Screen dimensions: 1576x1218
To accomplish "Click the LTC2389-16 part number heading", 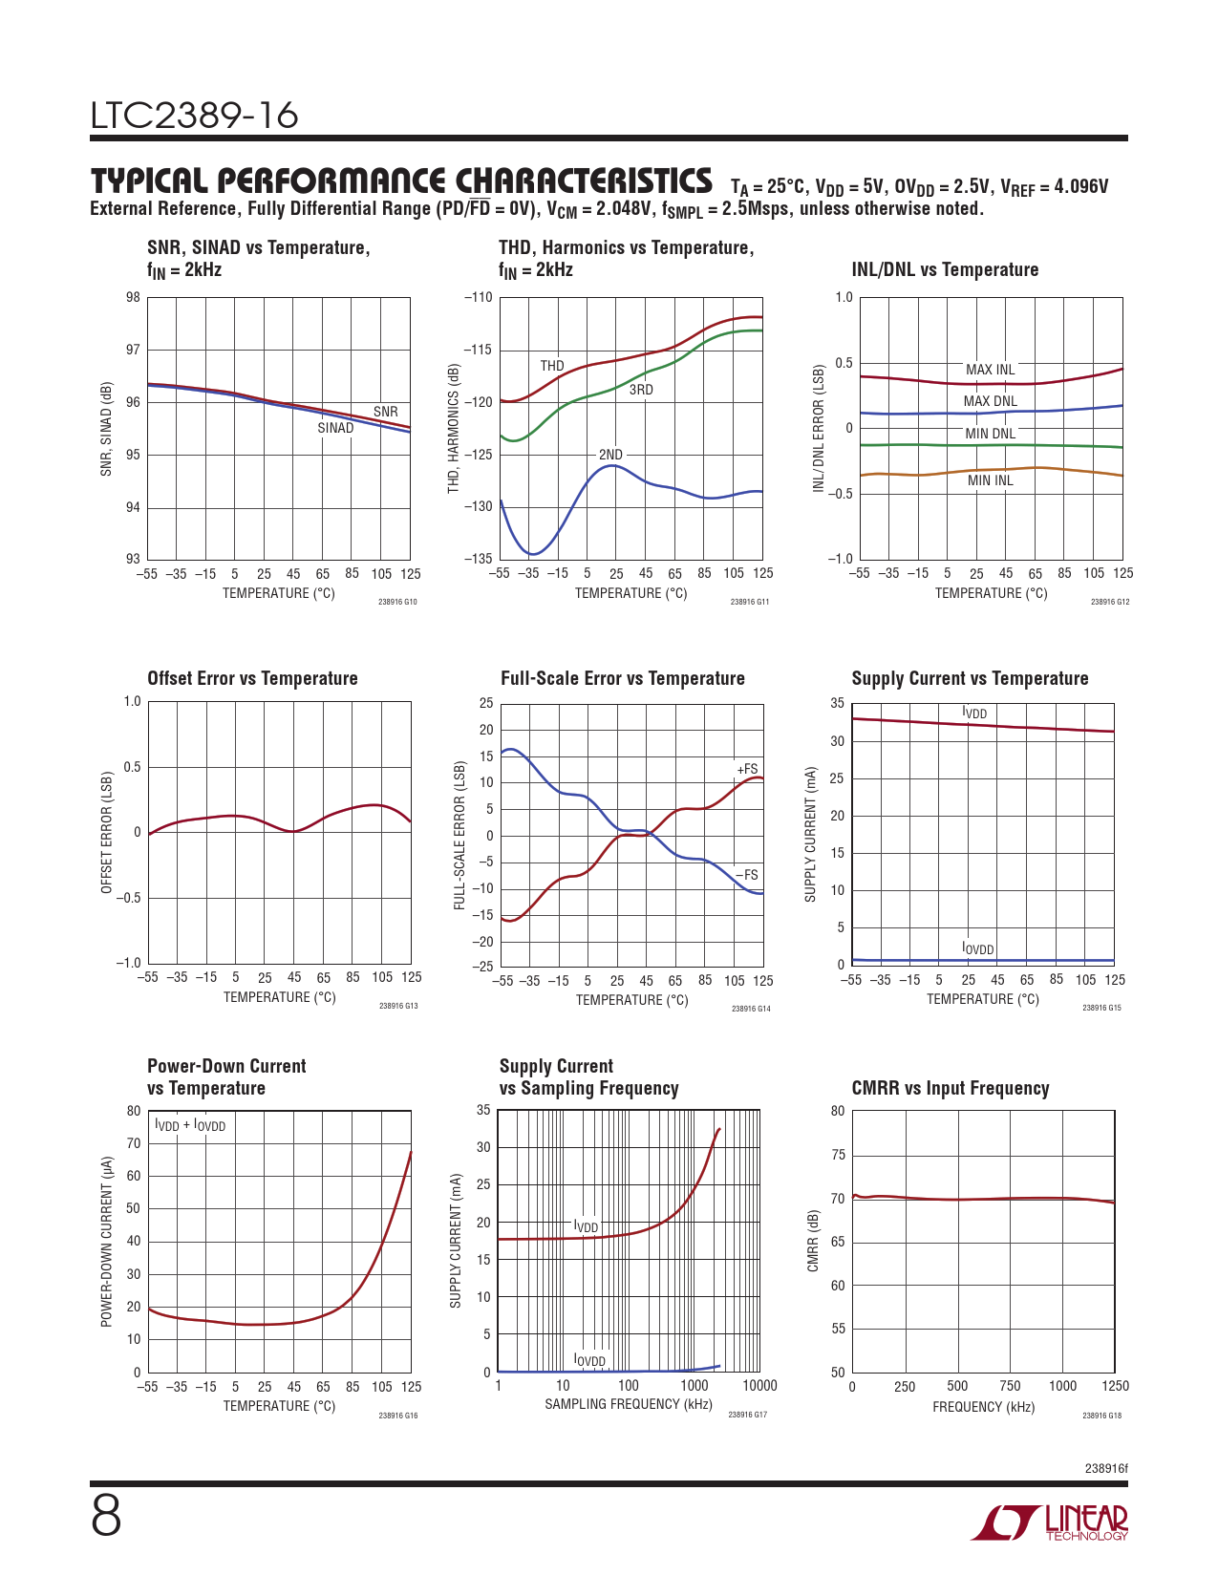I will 195,116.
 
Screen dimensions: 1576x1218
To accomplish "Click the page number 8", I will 106,1517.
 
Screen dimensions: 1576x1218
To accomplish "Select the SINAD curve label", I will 335,428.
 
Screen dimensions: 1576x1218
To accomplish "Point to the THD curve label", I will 552,366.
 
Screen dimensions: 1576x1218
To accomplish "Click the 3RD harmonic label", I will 641,390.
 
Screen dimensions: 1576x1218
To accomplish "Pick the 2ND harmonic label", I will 610,455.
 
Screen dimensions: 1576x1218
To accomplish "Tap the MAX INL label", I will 990,370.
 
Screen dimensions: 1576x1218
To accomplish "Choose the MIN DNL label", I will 990,434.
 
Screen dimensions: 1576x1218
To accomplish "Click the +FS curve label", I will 747,769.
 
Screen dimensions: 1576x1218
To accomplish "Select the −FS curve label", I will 747,875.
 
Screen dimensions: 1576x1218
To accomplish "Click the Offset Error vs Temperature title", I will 252,678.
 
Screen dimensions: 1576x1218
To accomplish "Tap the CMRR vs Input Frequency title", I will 950,1088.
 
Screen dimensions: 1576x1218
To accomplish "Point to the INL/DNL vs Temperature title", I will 945,269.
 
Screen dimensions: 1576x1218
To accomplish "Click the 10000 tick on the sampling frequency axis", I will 759,1386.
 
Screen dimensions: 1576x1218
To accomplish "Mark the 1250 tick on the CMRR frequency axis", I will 1115,1386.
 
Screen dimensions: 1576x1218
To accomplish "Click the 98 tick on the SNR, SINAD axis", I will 133,297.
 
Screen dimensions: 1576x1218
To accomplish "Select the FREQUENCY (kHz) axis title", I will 983,1407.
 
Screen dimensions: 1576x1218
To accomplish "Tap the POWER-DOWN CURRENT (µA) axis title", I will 107,1242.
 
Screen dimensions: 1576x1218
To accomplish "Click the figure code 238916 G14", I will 751,1009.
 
